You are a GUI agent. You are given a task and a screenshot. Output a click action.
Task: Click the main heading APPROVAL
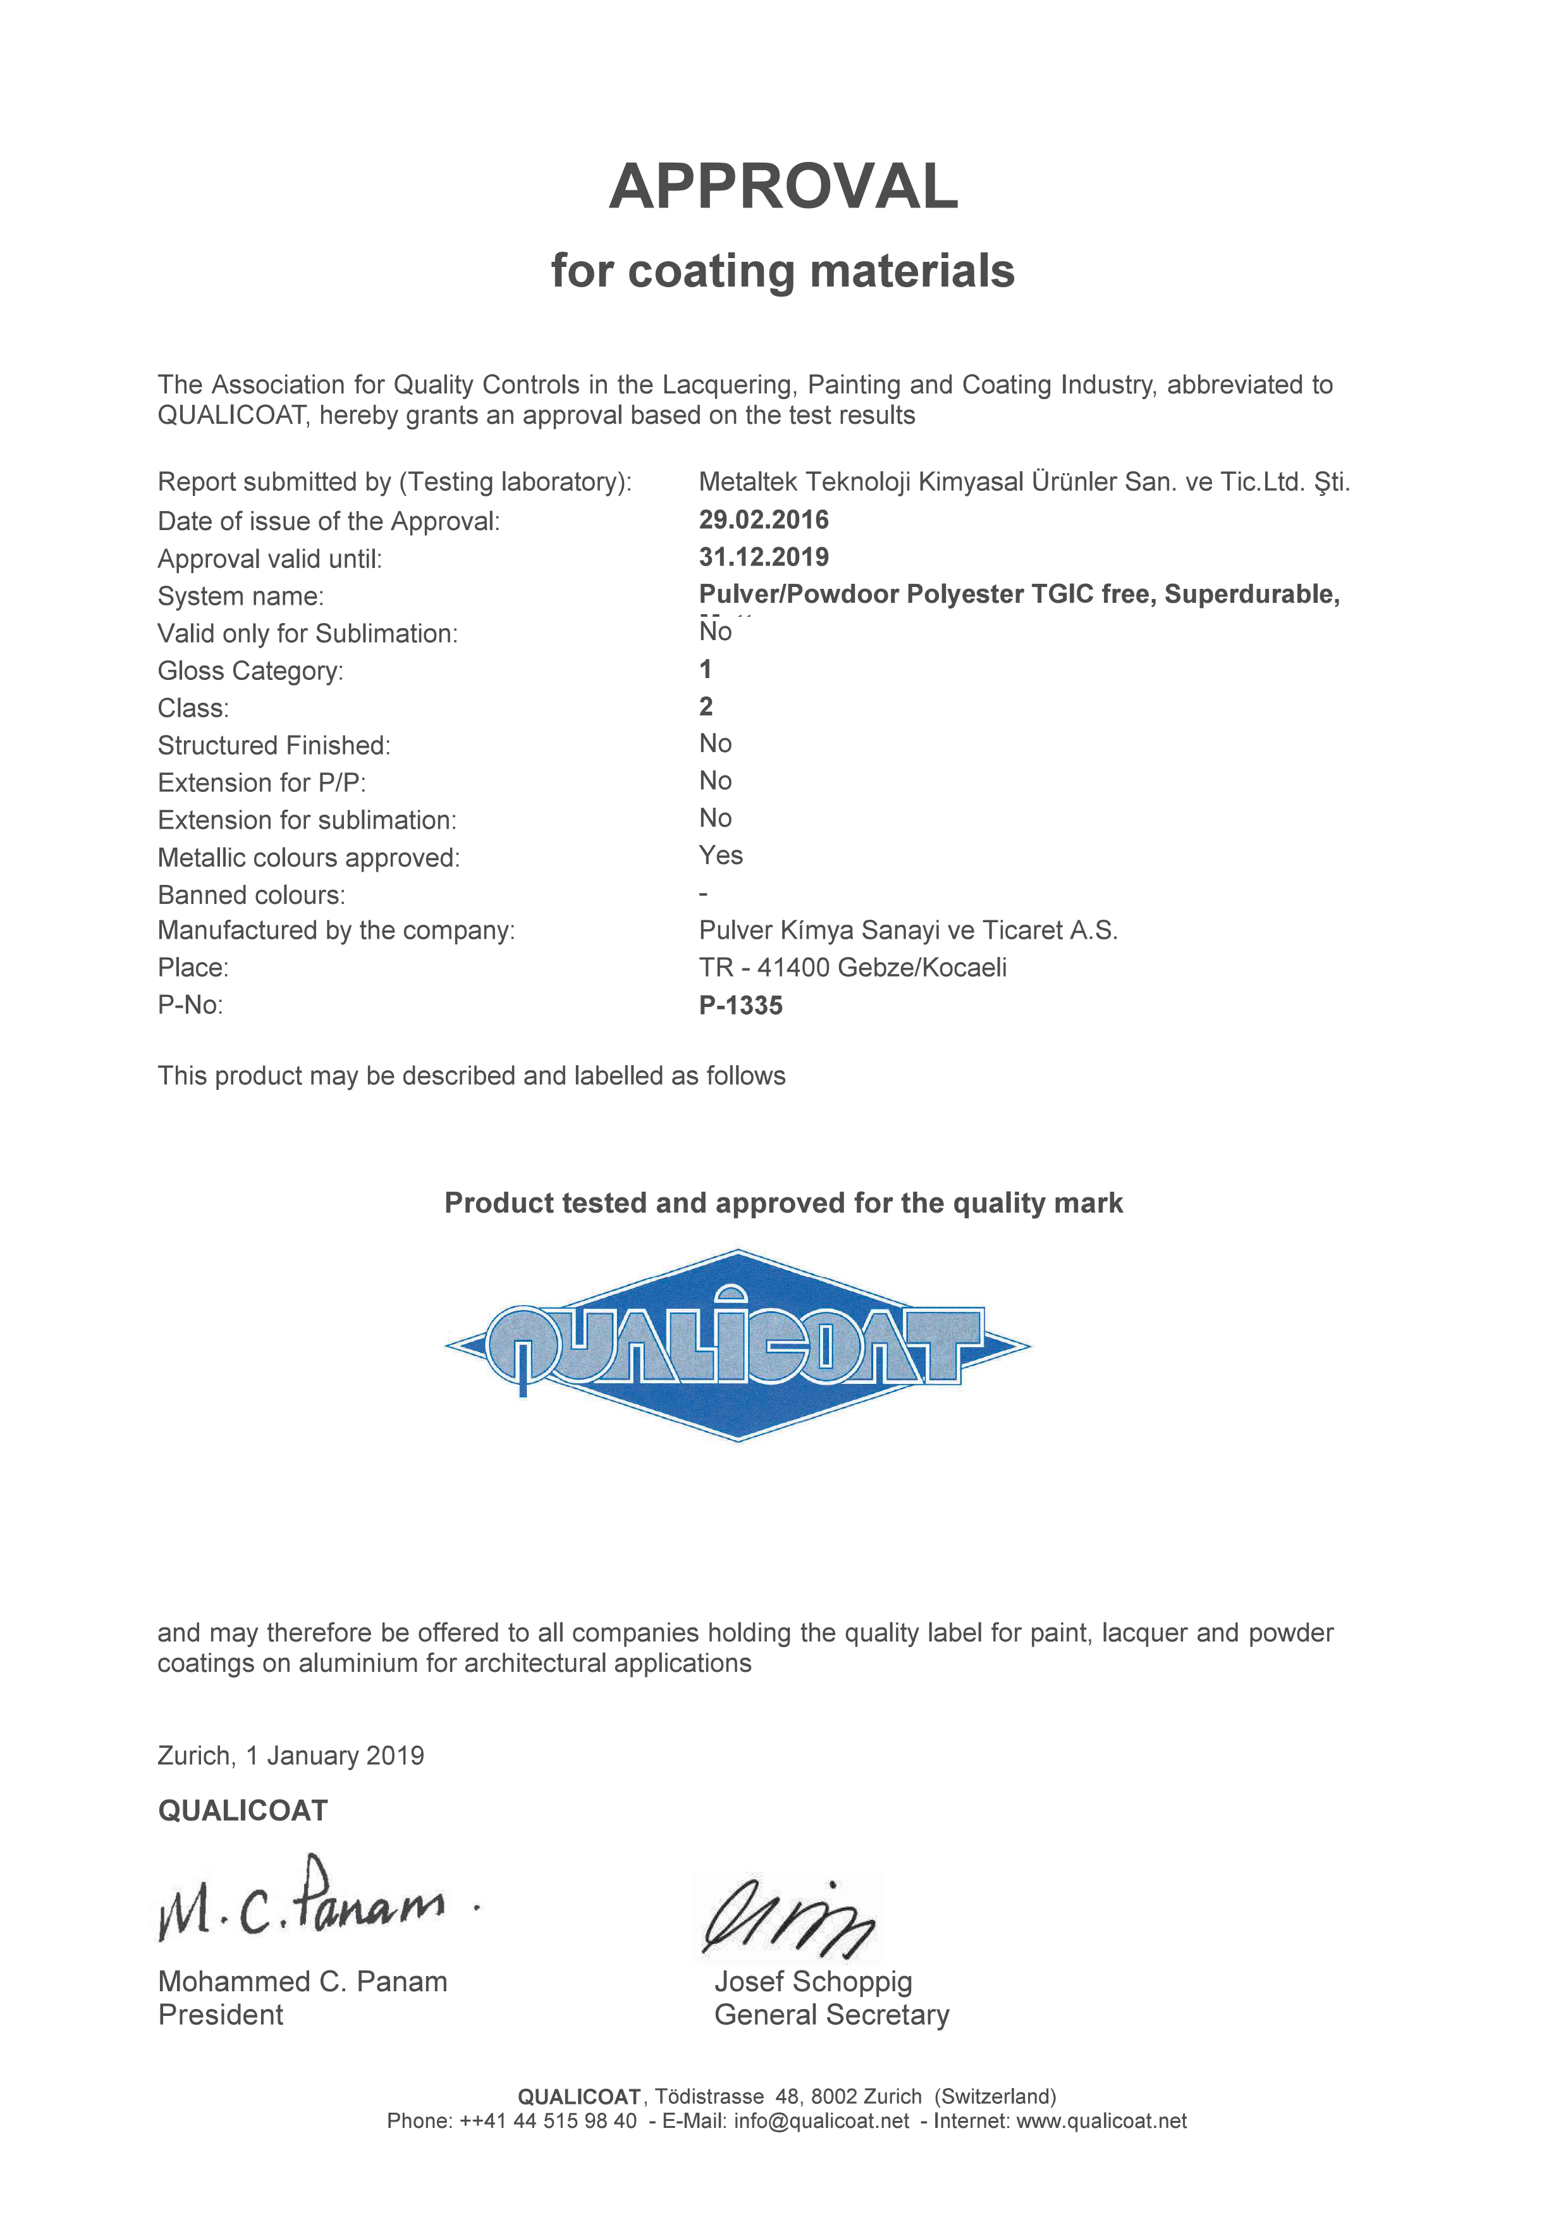[783, 187]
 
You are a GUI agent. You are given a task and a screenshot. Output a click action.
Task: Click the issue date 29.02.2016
[763, 520]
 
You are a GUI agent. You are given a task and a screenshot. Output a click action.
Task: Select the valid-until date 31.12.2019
[763, 558]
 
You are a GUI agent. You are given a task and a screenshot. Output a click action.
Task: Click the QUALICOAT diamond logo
[738, 1345]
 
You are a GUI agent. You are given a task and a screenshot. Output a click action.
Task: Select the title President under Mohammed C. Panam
[220, 2015]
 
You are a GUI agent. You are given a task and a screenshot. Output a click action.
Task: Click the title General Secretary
[831, 2015]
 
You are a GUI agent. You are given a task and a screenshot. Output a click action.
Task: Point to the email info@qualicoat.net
[821, 2120]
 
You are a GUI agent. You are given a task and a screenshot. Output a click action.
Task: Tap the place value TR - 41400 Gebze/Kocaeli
[852, 967]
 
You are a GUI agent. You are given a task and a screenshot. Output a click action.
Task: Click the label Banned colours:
[251, 895]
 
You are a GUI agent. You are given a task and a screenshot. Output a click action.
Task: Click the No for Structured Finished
[715, 744]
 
